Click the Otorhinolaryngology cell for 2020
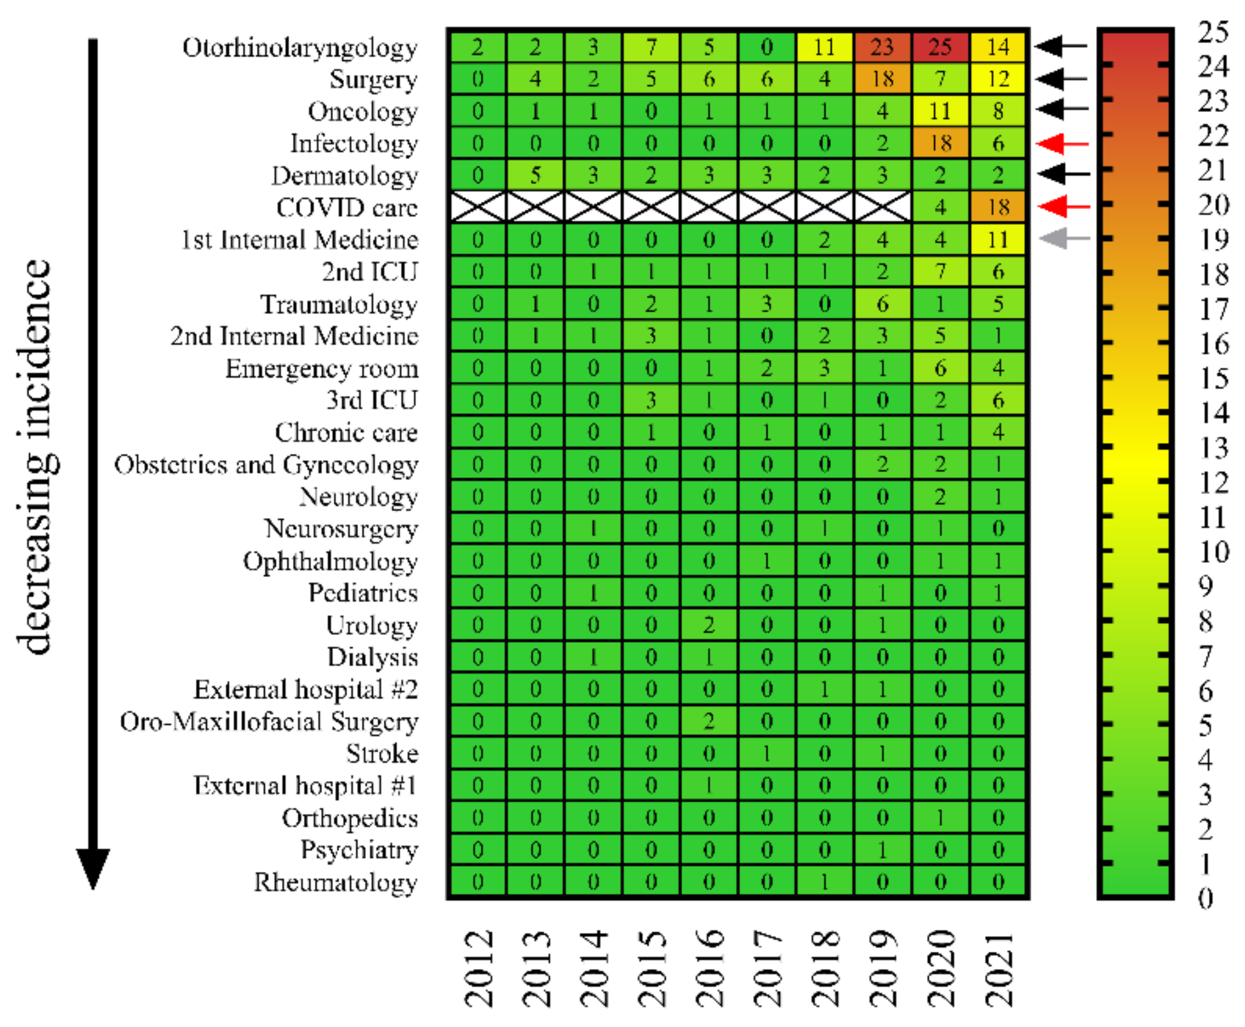pyautogui.click(x=939, y=46)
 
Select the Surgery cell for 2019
pyautogui.click(x=882, y=78)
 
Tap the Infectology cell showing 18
pyautogui.click(x=939, y=142)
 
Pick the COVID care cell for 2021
pyautogui.click(x=997, y=207)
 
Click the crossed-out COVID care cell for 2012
pyautogui.click(x=477, y=207)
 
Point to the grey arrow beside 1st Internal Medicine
pyautogui.click(x=1064, y=238)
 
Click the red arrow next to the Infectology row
pyautogui.click(x=1064, y=143)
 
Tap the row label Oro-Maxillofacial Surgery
pyautogui.click(x=269, y=722)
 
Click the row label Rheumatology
pyautogui.click(x=336, y=882)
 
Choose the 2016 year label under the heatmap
pyautogui.click(x=709, y=968)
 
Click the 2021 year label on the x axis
pyautogui.click(x=999, y=968)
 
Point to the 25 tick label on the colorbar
pyautogui.click(x=1213, y=32)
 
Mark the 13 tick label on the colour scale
pyautogui.click(x=1213, y=448)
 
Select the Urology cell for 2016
pyautogui.click(x=709, y=625)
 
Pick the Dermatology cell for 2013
pyautogui.click(x=535, y=175)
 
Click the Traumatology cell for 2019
pyautogui.click(x=882, y=303)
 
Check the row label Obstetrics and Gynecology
pyautogui.click(x=266, y=465)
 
